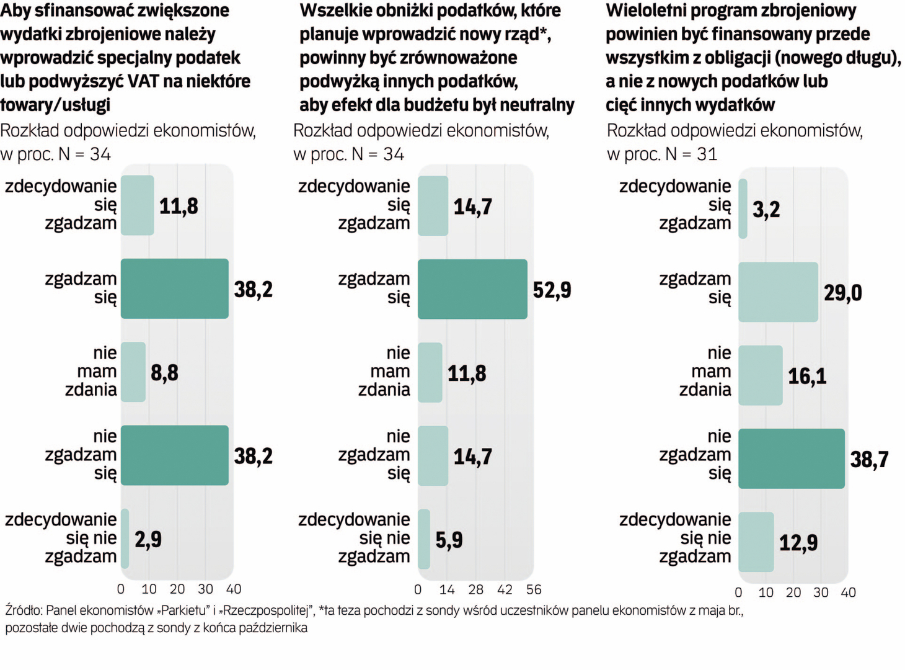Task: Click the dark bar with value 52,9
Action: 472,289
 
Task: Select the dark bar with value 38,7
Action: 792,458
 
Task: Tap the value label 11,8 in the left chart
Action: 179,206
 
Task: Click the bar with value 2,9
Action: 125,538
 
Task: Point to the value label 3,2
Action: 766,210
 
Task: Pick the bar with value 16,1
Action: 761,375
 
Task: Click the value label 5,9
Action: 449,540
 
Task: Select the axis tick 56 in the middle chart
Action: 534,589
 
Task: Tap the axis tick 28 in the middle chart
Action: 475,589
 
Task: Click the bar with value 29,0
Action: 778,292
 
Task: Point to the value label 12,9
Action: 798,543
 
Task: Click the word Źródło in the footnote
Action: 24,610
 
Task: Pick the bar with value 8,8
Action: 133,372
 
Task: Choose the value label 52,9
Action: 552,290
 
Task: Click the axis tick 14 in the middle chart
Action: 446,589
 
